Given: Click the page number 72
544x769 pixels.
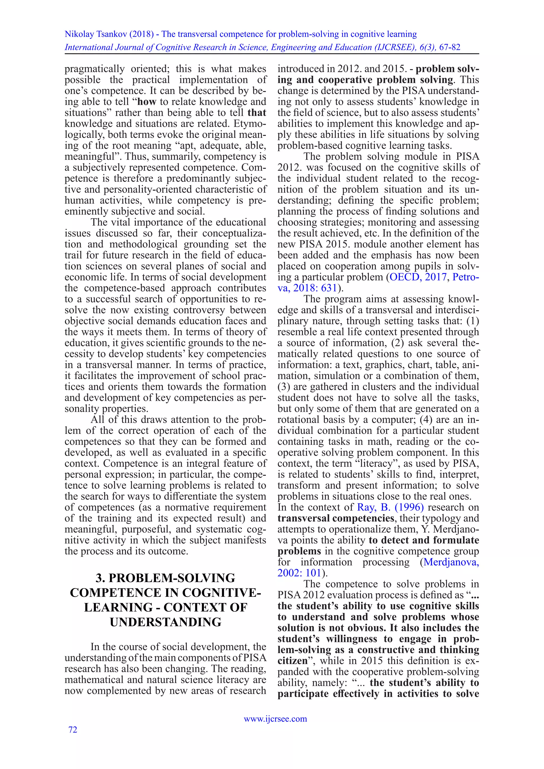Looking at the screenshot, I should [x=73, y=729].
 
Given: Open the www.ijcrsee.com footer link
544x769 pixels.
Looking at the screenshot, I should [x=275, y=719].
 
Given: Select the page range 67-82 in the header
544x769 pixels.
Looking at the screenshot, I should [x=449, y=47].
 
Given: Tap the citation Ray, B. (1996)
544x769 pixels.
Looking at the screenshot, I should [x=390, y=507].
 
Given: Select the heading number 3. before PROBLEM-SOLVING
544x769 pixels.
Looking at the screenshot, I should [x=100, y=578].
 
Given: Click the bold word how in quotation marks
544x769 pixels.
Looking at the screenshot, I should [x=147, y=102].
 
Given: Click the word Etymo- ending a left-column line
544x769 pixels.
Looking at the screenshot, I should [x=250, y=123].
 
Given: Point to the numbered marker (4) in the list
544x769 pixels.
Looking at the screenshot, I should [x=426, y=420].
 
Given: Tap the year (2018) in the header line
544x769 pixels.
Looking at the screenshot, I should [x=141, y=34].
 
